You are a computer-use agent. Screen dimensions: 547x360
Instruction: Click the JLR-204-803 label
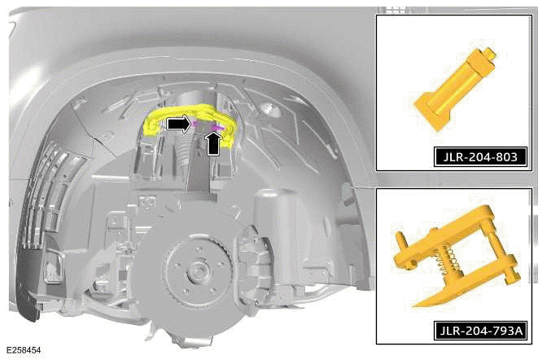tap(480, 156)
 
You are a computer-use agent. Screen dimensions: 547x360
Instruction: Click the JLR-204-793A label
tap(481, 330)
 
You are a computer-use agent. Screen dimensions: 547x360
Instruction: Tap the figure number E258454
tap(24, 350)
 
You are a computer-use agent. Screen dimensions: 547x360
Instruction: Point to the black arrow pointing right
tap(179, 124)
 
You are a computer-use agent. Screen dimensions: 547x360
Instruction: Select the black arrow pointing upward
tap(214, 144)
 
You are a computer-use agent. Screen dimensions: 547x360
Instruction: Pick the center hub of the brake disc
tap(195, 271)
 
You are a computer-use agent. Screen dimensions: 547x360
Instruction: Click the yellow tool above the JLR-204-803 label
tap(454, 89)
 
